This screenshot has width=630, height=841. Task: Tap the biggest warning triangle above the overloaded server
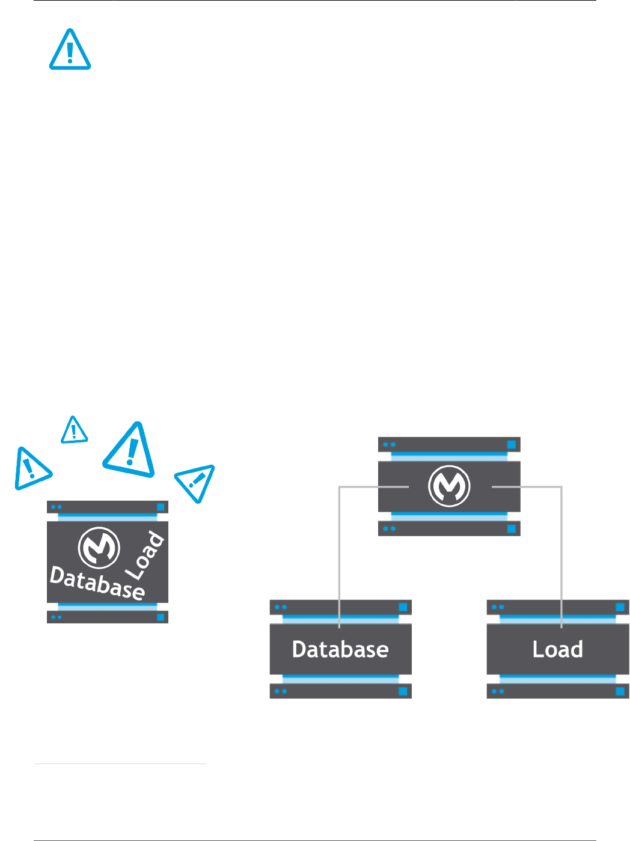130,450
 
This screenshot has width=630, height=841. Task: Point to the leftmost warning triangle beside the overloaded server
30,468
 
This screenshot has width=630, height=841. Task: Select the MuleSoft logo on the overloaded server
99,548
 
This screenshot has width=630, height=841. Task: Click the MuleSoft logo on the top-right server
449,486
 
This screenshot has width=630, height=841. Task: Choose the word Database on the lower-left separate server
340,649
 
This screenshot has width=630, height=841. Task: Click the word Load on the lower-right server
558,649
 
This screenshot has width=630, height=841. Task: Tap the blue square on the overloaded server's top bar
161,507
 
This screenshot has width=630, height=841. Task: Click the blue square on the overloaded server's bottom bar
161,617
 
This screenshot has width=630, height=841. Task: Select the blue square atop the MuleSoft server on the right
512,445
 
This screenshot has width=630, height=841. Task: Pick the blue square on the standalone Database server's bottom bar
403,691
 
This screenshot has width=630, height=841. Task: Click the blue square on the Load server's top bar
620,607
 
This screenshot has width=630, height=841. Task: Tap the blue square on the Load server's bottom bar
620,691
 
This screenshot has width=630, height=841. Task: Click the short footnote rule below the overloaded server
120,764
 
